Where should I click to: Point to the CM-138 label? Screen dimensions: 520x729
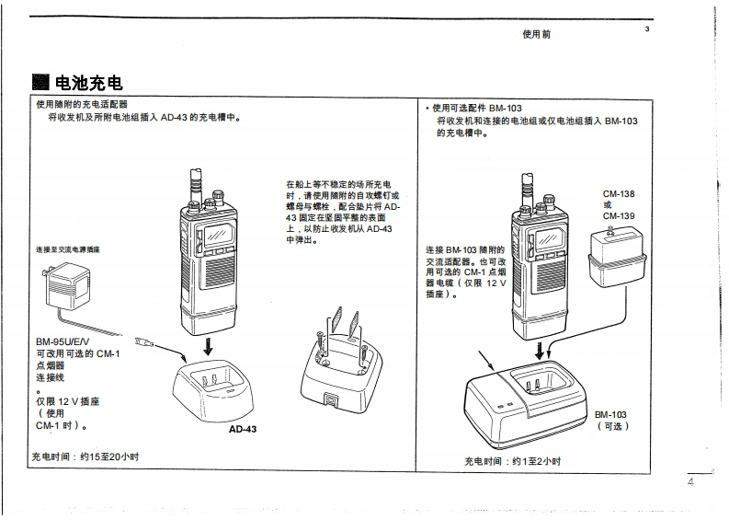point(619,194)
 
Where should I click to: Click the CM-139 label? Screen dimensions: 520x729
point(619,216)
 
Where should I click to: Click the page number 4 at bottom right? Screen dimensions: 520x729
point(690,481)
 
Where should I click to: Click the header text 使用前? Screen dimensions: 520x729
point(536,34)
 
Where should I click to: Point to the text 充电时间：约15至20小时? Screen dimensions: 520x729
point(85,457)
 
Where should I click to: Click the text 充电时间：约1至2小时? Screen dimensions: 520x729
point(512,461)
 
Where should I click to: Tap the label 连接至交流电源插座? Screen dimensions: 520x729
point(68,249)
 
